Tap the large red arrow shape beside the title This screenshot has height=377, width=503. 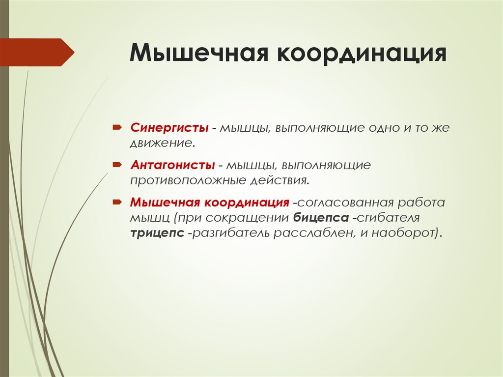tap(37, 52)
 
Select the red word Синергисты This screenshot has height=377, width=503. tap(169, 128)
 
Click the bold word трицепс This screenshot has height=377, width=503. tap(157, 232)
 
